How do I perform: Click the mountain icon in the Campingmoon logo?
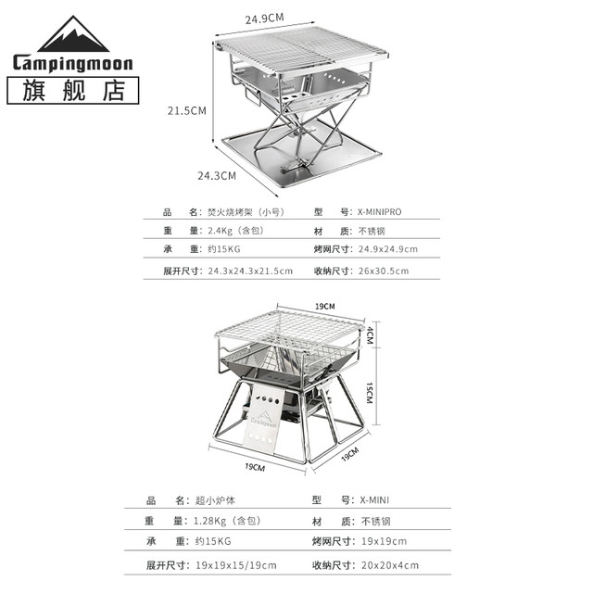tap(73, 35)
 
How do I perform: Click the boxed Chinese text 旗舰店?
tap(73, 91)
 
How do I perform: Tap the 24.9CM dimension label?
tap(264, 19)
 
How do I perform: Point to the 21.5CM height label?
tap(187, 111)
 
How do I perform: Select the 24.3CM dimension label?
tap(217, 176)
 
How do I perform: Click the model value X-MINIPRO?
tap(380, 212)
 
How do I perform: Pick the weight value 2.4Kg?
tap(220, 231)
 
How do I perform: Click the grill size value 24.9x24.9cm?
tap(388, 249)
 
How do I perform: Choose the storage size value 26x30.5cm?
tap(384, 271)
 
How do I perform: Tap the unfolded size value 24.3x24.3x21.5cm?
tap(250, 271)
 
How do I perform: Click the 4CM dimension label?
tap(370, 335)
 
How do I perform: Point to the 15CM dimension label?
tap(370, 393)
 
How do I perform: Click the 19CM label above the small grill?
tap(325, 307)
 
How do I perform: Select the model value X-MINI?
tap(374, 500)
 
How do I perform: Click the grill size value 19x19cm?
tap(384, 541)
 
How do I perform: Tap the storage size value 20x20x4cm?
tap(390, 565)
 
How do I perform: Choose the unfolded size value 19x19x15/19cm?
tap(236, 565)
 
